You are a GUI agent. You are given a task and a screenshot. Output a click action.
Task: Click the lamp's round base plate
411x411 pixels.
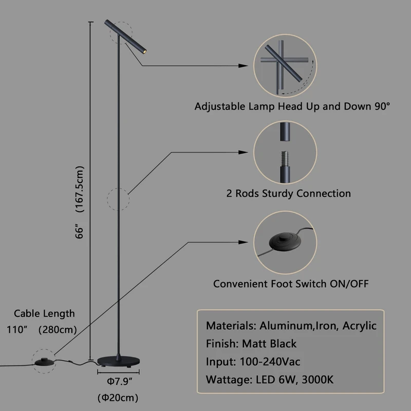point(119,361)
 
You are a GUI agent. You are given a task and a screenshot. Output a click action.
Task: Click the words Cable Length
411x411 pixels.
point(44,313)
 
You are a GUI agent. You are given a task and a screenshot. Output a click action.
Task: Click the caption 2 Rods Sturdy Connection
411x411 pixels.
point(288,194)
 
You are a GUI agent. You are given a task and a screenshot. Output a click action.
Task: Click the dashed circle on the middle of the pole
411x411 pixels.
point(118,199)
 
